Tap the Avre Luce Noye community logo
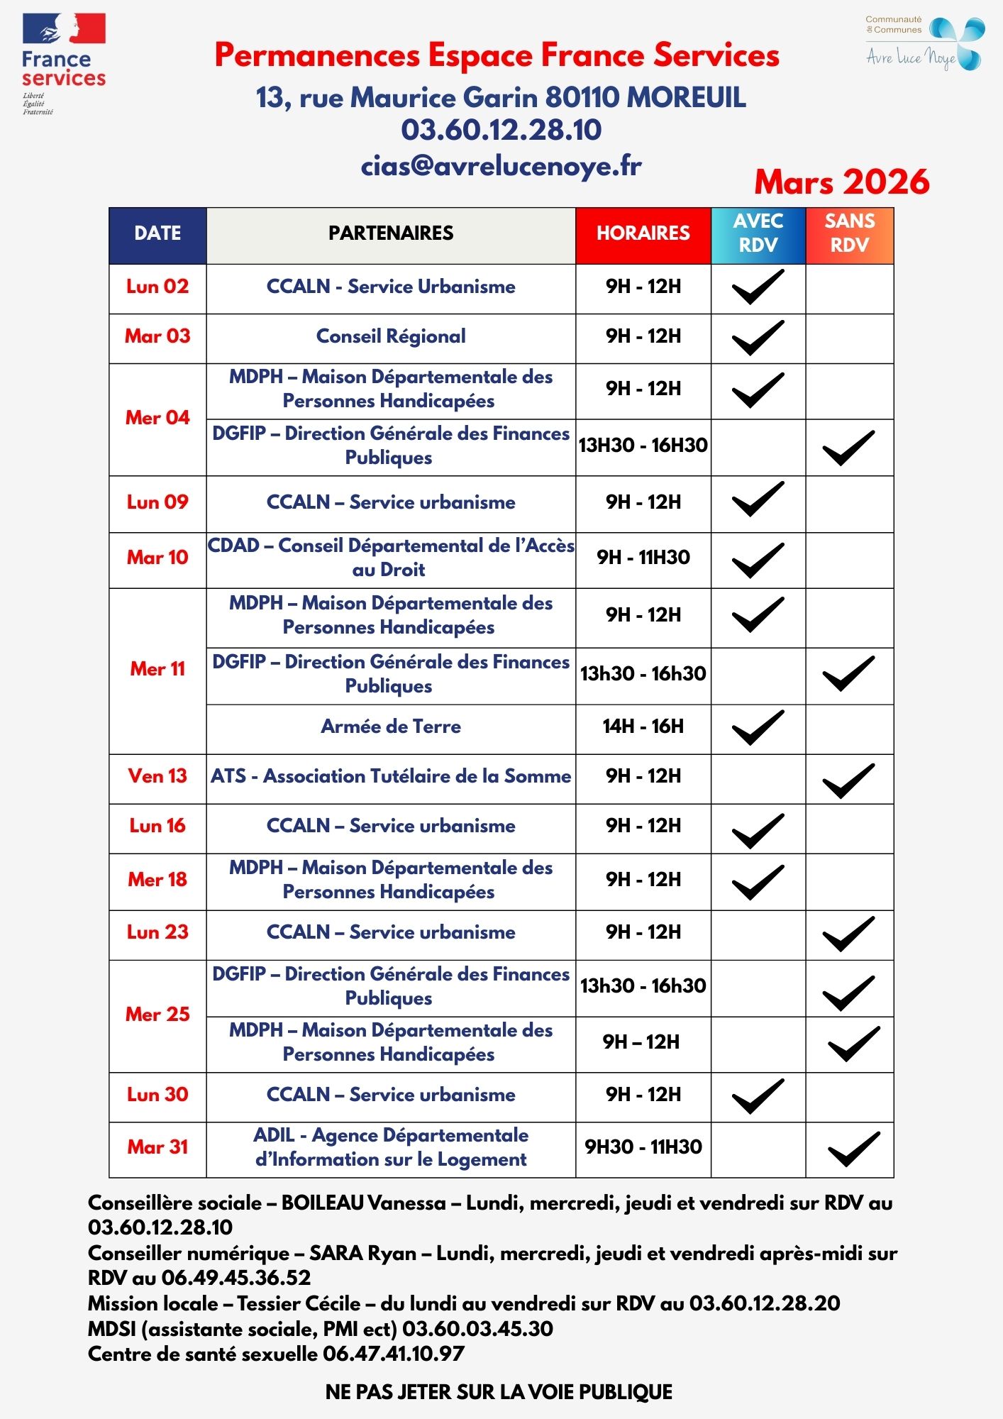(924, 44)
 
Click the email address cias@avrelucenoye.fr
(501, 166)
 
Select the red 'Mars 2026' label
(841, 182)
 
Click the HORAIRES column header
(643, 233)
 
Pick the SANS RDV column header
(849, 233)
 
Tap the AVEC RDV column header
(758, 233)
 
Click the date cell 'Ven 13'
(157, 776)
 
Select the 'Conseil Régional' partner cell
(391, 336)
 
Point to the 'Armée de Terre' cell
(391, 727)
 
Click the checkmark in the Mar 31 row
(853, 1148)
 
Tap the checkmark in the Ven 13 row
(848, 780)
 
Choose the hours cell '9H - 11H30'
(643, 558)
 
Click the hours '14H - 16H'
(643, 727)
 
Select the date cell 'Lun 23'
(157, 932)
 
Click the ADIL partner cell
(391, 1147)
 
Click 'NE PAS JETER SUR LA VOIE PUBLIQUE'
(499, 1392)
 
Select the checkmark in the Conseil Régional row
(758, 338)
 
